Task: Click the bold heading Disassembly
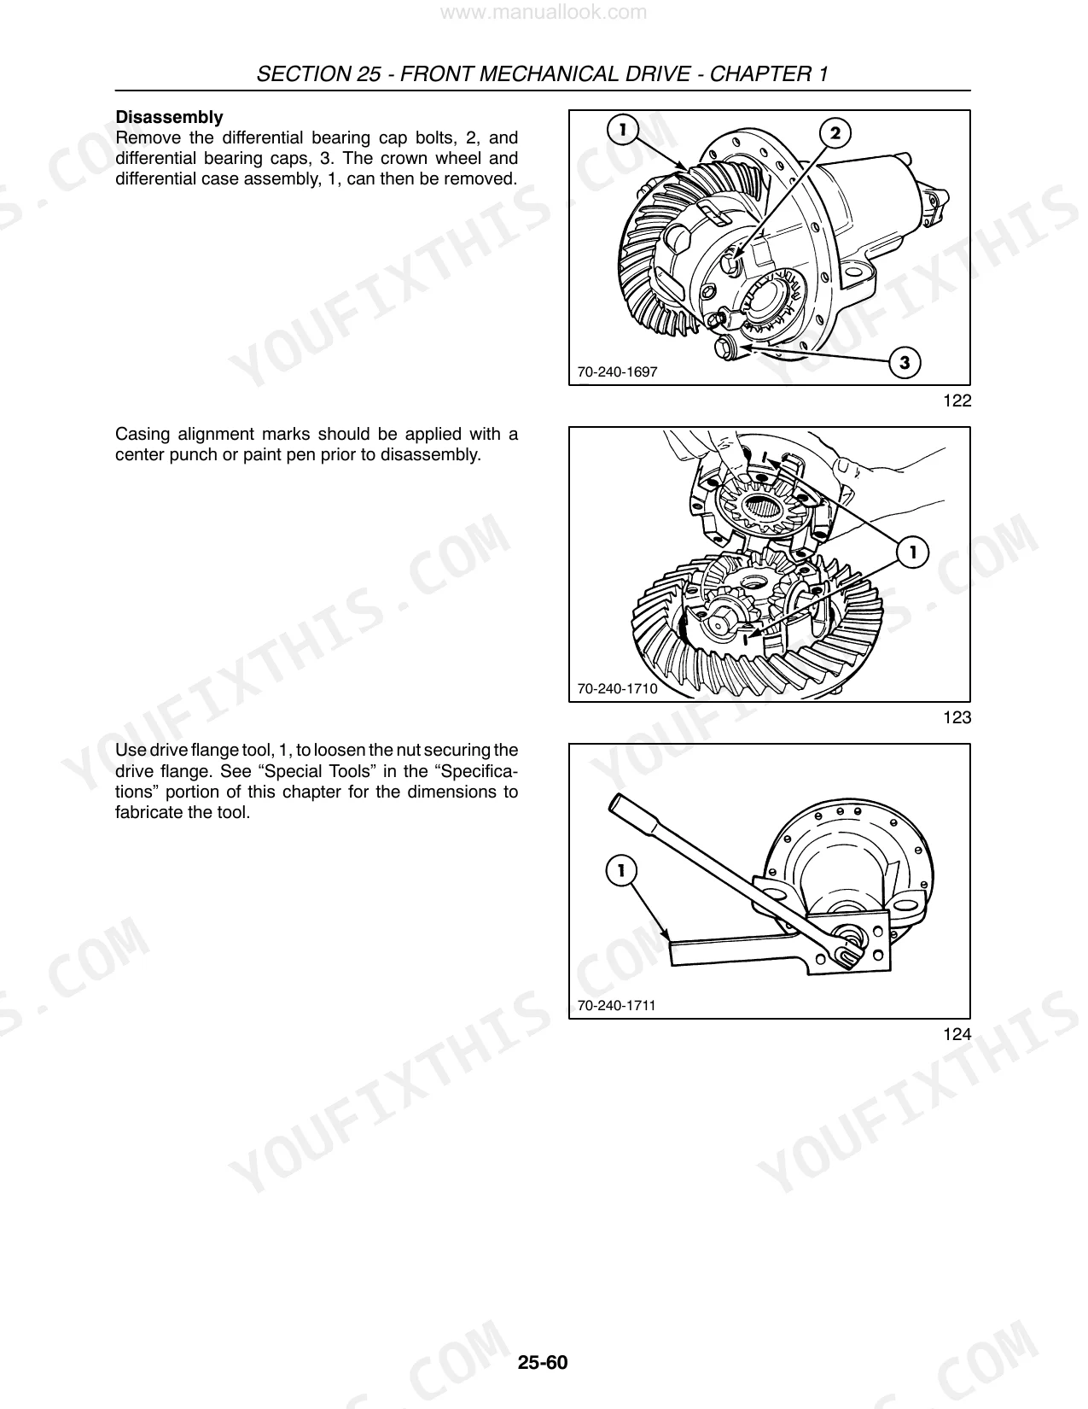point(169,117)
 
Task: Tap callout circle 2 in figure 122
point(835,133)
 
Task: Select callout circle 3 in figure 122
point(905,362)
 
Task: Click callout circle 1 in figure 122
point(623,130)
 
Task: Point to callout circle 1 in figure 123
point(912,552)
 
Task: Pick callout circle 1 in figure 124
point(621,870)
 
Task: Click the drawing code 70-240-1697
point(617,372)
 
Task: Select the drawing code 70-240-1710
point(617,688)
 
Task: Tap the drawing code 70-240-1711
point(616,1006)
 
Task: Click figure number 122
point(957,400)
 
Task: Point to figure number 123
point(957,717)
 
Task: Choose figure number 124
point(957,1034)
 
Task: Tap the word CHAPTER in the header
point(760,74)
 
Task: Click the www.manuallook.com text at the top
point(543,12)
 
